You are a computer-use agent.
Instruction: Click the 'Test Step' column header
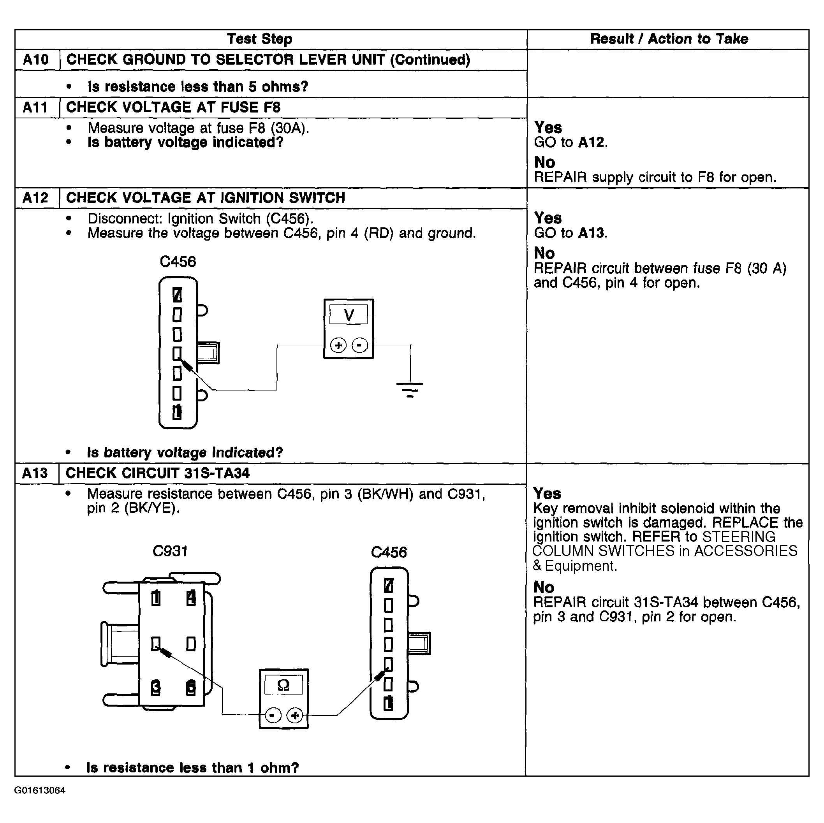pyautogui.click(x=259, y=39)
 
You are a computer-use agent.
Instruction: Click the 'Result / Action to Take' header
pyautogui.click(x=668, y=39)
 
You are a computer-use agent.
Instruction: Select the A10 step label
pyautogui.click(x=36, y=60)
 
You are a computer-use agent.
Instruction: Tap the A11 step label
pyautogui.click(x=36, y=107)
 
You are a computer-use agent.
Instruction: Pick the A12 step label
pyautogui.click(x=36, y=198)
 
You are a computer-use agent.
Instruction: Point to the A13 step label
pyautogui.click(x=35, y=473)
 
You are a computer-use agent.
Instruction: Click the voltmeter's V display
pyautogui.click(x=349, y=315)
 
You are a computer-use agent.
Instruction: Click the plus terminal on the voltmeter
pyautogui.click(x=338, y=345)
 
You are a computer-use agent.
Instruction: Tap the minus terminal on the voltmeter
pyautogui.click(x=359, y=345)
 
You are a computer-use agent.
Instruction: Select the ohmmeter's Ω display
pyautogui.click(x=283, y=685)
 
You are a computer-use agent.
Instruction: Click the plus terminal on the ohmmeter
pyautogui.click(x=295, y=715)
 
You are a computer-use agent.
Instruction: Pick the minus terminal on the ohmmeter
pyautogui.click(x=273, y=715)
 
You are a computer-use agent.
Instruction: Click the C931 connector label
pyautogui.click(x=170, y=551)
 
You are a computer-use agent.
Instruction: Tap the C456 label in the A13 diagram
pyautogui.click(x=389, y=552)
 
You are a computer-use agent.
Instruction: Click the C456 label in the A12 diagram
pyautogui.click(x=178, y=261)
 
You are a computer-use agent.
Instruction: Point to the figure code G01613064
pyautogui.click(x=40, y=790)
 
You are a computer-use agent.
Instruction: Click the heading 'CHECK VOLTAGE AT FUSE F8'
pyautogui.click(x=173, y=107)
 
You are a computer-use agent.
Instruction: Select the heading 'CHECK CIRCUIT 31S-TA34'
pyautogui.click(x=157, y=473)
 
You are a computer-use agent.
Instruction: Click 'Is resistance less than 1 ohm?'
pyautogui.click(x=192, y=768)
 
